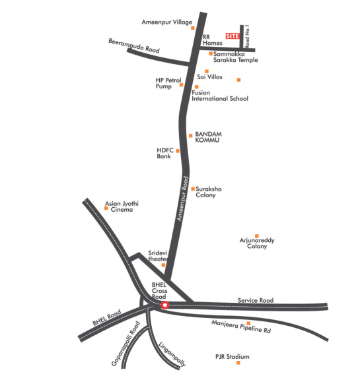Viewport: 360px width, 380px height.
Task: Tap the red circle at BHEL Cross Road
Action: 165,305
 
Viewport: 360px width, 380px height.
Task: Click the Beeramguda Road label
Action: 134,46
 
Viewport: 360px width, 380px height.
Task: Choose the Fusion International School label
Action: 219,96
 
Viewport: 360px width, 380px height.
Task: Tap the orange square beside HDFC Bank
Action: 177,150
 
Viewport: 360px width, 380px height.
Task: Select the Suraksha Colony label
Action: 209,192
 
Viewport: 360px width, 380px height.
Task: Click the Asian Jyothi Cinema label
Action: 122,206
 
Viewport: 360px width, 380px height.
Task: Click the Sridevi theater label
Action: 157,256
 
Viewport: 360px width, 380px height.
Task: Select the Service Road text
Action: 256,301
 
